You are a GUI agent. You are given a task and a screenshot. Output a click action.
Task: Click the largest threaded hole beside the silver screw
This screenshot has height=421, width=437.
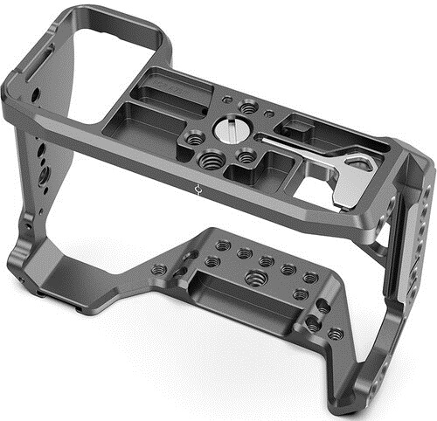tap(212, 160)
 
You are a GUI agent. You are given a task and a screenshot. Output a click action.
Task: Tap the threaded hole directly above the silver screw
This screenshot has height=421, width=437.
tap(249, 108)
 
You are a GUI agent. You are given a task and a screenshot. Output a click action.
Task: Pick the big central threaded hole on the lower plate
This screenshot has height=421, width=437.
tap(256, 279)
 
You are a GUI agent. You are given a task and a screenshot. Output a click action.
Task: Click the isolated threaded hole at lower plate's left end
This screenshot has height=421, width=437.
tap(158, 269)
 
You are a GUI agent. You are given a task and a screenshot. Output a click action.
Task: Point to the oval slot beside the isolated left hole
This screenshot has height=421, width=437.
tap(184, 275)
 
